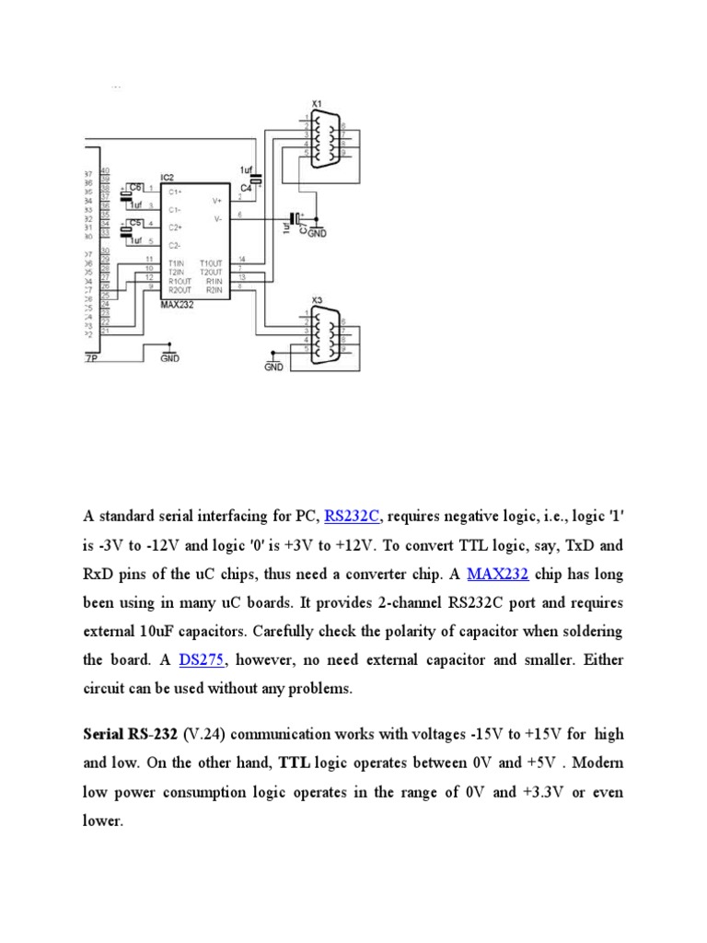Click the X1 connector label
coord(317,103)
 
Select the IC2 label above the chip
coord(167,176)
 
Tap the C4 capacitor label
coord(246,188)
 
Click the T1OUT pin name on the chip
coord(211,263)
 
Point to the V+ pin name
coord(217,200)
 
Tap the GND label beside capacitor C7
coord(318,235)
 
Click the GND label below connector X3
coord(273,367)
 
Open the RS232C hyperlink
coord(352,515)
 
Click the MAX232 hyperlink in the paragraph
coord(497,575)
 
